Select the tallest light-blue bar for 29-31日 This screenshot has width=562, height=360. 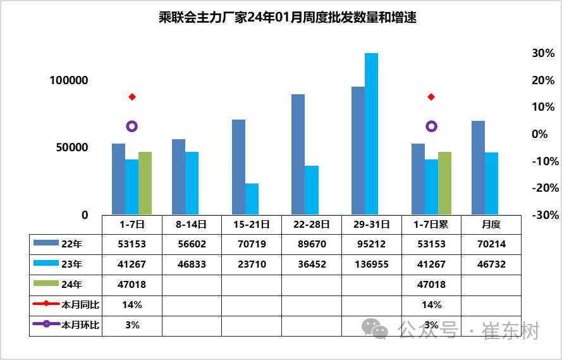coord(371,133)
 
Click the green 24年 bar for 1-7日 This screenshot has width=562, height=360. coord(145,183)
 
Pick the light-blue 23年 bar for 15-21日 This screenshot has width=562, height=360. coord(252,199)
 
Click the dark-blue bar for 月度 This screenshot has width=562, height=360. coord(478,167)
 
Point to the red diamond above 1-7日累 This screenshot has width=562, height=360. coord(431,97)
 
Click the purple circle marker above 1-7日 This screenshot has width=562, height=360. coord(131,127)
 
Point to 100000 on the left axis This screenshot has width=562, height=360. coord(70,80)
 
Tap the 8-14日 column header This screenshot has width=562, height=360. coord(192,224)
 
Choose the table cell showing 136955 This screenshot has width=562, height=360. coord(372,264)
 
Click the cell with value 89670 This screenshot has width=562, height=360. coord(312,244)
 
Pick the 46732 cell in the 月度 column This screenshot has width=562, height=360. coord(491,264)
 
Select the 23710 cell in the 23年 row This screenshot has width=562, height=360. coord(252,264)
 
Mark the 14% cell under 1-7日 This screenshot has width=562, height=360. coord(131,305)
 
